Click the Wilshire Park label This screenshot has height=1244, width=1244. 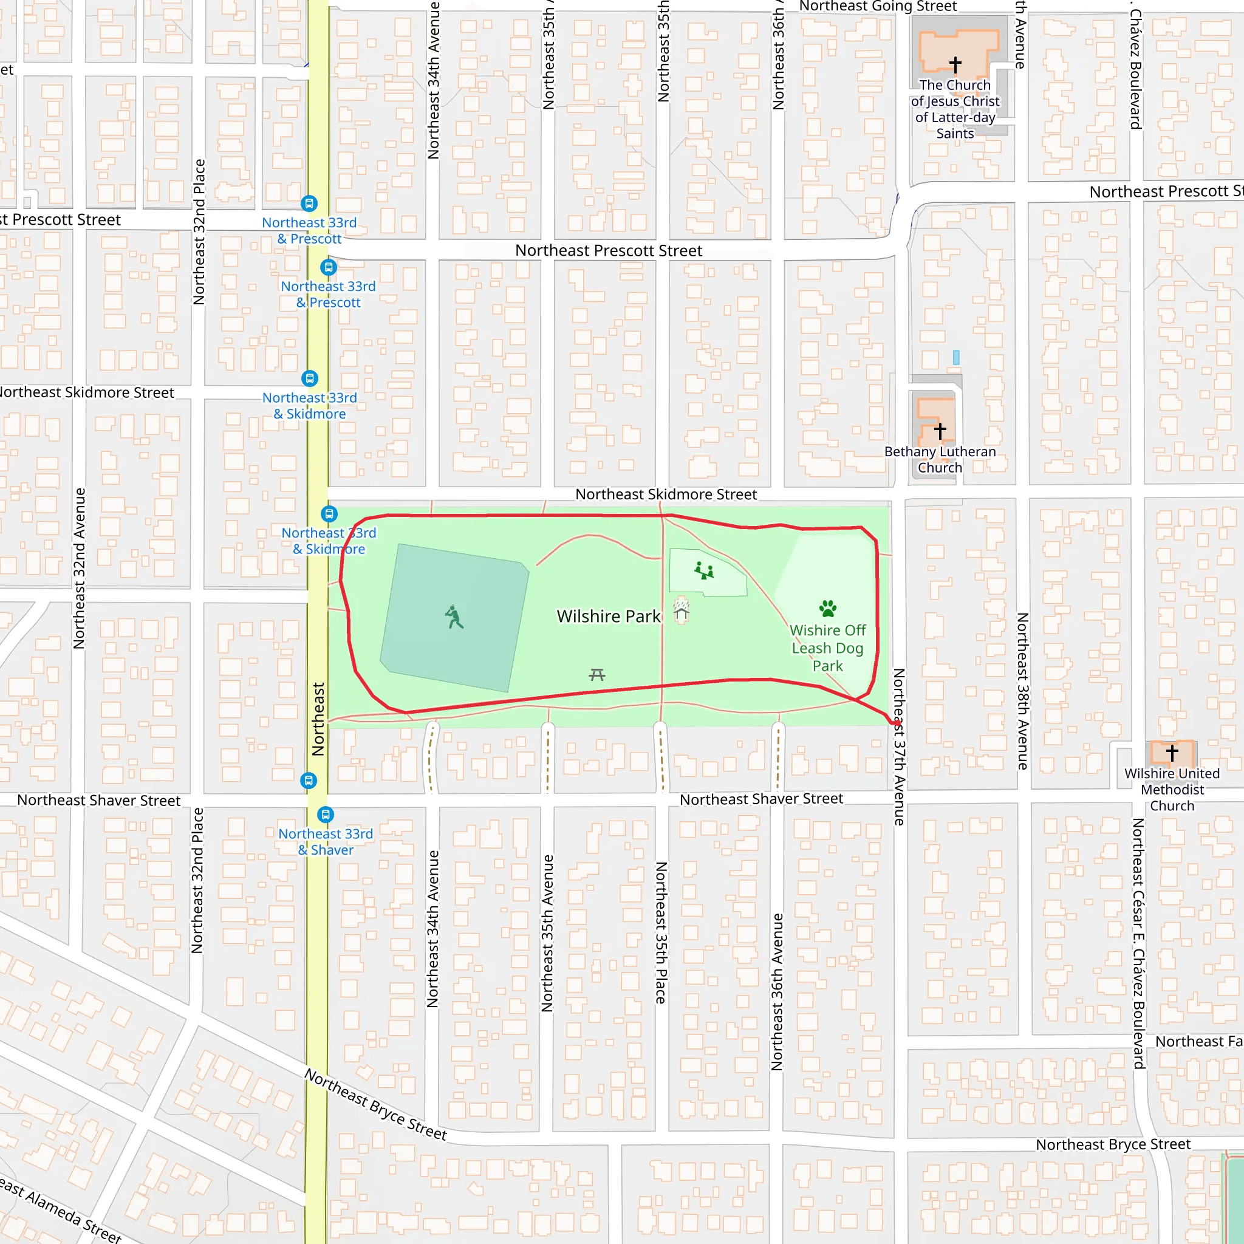point(608,616)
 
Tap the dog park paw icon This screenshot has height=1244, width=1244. point(827,608)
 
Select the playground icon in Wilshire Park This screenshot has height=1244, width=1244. point(704,570)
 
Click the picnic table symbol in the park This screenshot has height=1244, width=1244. point(597,674)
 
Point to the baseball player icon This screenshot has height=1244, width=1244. point(454,617)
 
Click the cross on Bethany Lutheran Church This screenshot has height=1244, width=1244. point(940,430)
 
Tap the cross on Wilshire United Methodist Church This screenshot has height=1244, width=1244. point(1172,752)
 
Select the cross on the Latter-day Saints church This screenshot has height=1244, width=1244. point(955,64)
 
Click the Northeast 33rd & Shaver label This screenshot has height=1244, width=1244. point(325,841)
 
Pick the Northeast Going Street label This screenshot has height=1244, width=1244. point(878,7)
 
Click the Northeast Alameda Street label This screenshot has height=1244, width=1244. point(61,1211)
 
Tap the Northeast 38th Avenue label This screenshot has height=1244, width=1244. point(1022,691)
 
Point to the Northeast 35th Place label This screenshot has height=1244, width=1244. point(661,933)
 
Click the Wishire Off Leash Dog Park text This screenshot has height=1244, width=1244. point(827,648)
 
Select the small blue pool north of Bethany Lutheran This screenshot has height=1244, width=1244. point(956,357)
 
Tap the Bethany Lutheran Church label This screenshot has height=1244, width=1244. point(940,460)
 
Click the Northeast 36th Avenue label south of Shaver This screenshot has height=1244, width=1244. point(777,991)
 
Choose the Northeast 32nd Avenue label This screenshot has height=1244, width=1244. point(79,568)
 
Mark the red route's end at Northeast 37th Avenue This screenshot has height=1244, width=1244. point(897,722)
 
